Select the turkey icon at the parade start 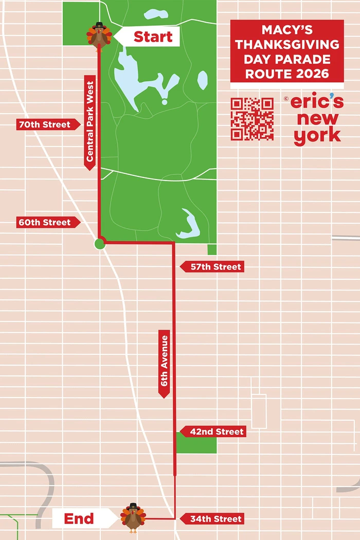[99, 37]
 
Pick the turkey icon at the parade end [133, 517]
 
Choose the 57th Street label [211, 267]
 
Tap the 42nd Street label [213, 432]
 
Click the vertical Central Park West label [91, 122]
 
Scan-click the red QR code [252, 119]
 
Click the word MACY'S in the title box [287, 30]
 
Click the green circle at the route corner [100, 244]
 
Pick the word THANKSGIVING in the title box [287, 44]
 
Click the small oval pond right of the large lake [203, 80]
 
